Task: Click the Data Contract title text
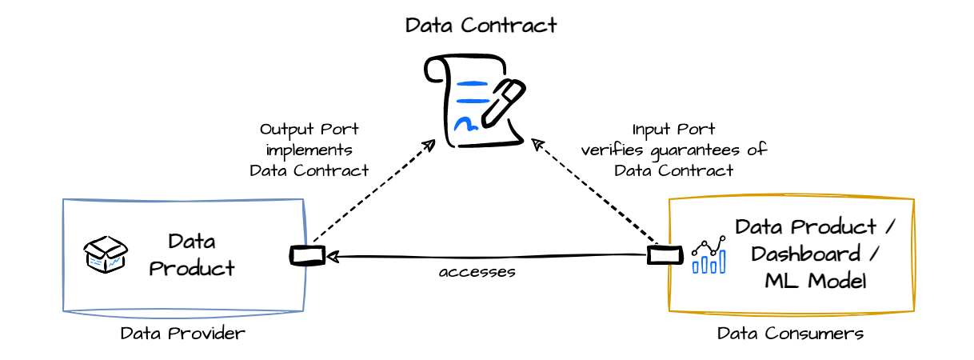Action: pyautogui.click(x=481, y=26)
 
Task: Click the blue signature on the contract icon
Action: pyautogui.click(x=465, y=124)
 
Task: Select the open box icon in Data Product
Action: pyautogui.click(x=106, y=254)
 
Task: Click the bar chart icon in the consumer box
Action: pyautogui.click(x=709, y=255)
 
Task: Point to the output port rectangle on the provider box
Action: pyautogui.click(x=307, y=255)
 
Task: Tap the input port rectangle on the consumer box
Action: pyautogui.click(x=665, y=255)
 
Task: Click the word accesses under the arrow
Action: pyautogui.click(x=477, y=272)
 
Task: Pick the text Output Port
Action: pyautogui.click(x=309, y=130)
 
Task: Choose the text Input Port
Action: pyautogui.click(x=673, y=130)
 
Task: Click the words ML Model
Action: pyautogui.click(x=815, y=281)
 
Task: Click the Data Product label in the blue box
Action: pyautogui.click(x=192, y=254)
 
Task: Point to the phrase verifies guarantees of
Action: pyautogui.click(x=673, y=150)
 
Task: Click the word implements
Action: pyautogui.click(x=309, y=150)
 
